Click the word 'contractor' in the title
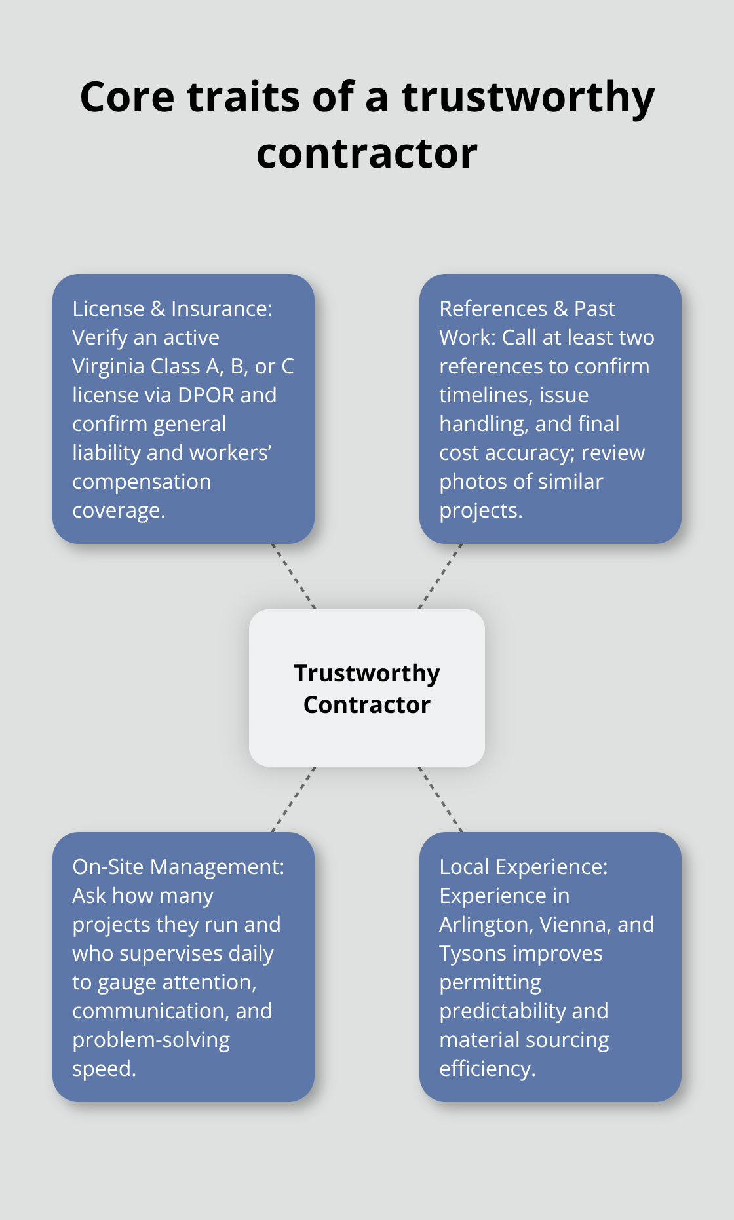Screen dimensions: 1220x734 [367, 154]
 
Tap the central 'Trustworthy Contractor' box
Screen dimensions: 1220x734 [367, 688]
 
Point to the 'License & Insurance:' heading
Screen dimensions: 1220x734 [172, 309]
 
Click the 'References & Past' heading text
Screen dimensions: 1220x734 [527, 309]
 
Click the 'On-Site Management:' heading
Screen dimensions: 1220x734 [178, 867]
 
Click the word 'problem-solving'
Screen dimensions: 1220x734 [151, 1040]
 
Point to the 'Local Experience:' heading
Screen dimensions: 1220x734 [524, 867]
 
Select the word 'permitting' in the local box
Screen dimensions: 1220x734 [490, 982]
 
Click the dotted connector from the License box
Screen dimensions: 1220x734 [294, 577]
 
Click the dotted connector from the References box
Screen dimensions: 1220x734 [440, 577]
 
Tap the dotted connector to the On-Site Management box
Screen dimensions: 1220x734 [294, 799]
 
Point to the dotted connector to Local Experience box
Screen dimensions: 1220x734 [440, 799]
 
